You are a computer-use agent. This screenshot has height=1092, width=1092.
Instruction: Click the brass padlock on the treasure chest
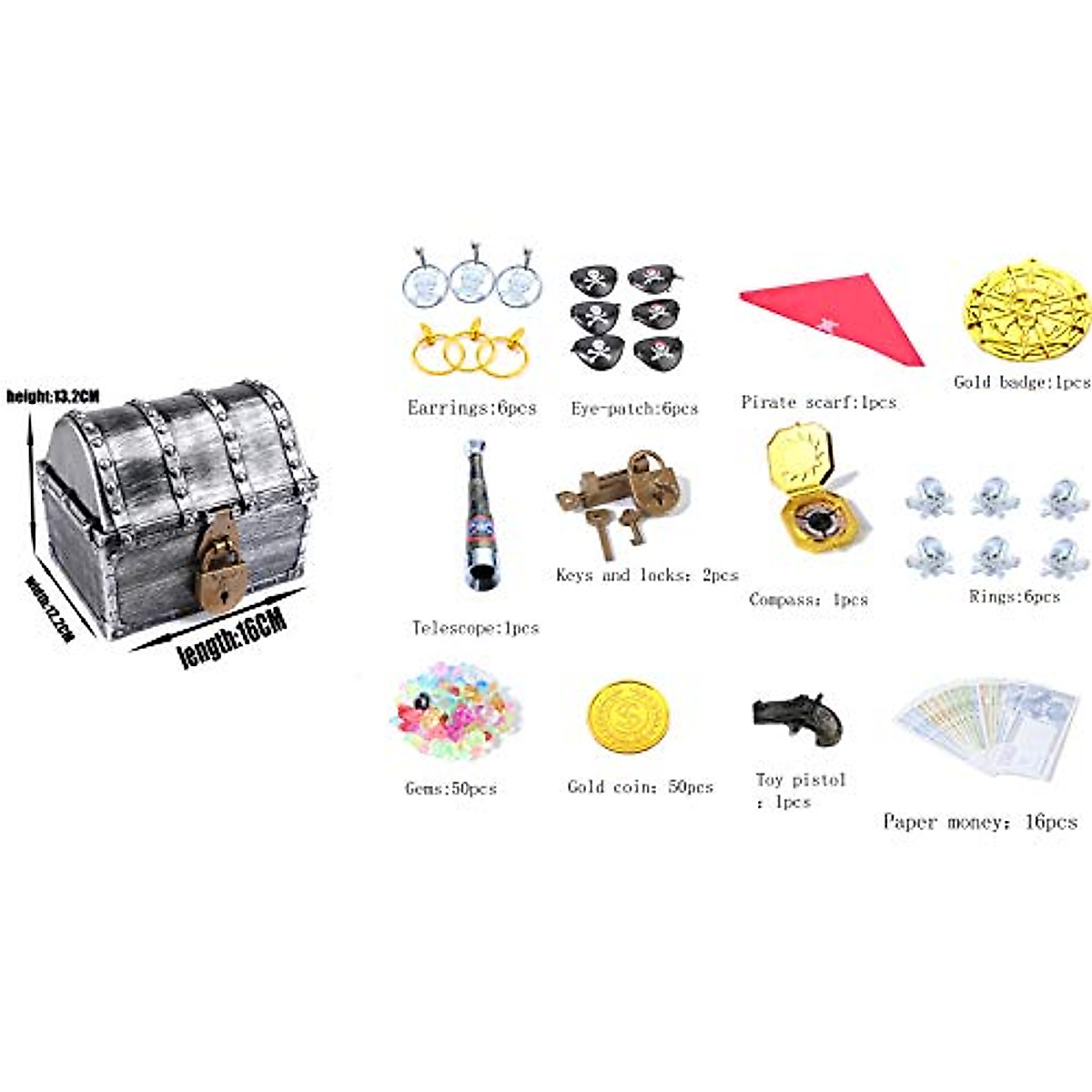[x=218, y=559]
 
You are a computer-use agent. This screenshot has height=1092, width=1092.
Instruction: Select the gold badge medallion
[x=1026, y=309]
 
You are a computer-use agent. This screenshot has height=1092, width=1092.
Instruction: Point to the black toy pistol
[x=798, y=718]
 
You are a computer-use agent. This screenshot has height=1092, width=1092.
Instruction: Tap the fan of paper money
[x=987, y=728]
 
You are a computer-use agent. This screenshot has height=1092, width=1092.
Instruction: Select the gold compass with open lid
[x=808, y=491]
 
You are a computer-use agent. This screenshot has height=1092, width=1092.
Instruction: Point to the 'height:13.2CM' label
[x=53, y=396]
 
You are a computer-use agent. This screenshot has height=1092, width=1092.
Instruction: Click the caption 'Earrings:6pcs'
[x=471, y=408]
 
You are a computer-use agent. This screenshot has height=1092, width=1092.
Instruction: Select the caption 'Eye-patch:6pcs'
[x=634, y=409]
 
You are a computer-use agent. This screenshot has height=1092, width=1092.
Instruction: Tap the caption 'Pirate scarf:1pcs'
[x=818, y=401]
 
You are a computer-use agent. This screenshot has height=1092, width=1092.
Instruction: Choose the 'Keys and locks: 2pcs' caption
[x=647, y=575]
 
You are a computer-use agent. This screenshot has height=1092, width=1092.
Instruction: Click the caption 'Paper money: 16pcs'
[x=980, y=822]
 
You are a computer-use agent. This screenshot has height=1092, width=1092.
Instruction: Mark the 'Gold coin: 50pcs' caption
[x=640, y=786]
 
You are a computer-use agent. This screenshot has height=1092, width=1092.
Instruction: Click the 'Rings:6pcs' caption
[x=1014, y=597]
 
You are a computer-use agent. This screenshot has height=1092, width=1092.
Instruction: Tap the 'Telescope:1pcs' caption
[x=475, y=628]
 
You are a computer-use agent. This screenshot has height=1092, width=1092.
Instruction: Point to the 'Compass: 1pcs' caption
[x=808, y=600]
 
